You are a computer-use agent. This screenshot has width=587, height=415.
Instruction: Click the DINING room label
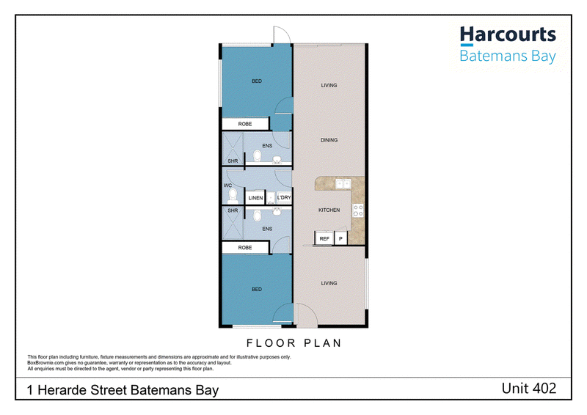[329, 140]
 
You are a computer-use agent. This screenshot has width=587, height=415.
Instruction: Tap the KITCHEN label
[329, 210]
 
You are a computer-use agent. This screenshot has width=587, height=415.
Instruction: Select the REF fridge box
[324, 238]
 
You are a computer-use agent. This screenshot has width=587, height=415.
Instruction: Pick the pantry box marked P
[340, 238]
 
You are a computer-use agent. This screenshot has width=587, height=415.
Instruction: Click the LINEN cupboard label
[255, 198]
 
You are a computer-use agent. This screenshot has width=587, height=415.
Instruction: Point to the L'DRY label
[284, 197]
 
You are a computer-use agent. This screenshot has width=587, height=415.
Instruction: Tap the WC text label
[227, 186]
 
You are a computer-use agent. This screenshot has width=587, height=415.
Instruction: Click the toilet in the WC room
[233, 196]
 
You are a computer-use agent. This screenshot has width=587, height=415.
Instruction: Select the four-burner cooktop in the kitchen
[358, 210]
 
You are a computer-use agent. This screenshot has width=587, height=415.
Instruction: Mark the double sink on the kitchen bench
[343, 184]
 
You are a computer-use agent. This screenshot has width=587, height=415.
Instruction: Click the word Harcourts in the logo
[508, 34]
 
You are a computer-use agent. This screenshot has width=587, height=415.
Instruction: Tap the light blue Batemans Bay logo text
[508, 56]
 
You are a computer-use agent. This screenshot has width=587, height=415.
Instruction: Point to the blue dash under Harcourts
[467, 45]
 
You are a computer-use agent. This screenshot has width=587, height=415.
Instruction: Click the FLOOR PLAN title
[294, 342]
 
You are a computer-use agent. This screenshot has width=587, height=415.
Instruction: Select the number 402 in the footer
[542, 389]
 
